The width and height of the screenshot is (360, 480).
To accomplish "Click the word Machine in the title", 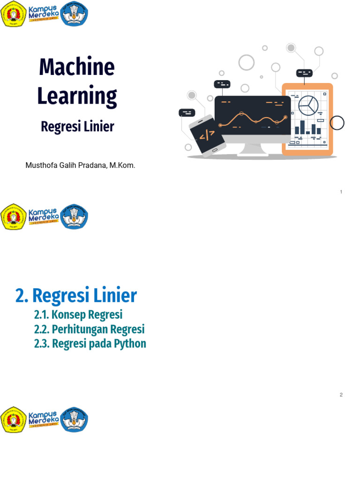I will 77,67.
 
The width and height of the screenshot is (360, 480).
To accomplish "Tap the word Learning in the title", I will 77,96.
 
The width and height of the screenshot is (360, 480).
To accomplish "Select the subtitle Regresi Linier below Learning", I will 77,127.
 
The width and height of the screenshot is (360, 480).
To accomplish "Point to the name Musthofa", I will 42,165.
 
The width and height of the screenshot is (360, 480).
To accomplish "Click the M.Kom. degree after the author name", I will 122,165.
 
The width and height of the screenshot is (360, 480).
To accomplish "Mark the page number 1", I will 341,192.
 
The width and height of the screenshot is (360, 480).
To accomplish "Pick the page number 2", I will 341,395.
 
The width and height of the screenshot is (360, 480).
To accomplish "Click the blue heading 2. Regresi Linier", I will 76,296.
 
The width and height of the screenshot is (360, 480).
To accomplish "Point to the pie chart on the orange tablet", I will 308,105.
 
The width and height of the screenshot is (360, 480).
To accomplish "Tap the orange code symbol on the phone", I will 207,136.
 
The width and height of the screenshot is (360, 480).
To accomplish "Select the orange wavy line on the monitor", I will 253,119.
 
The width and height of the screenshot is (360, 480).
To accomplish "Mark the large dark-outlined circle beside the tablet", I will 337,123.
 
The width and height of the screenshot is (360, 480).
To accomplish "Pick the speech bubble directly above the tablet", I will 304,73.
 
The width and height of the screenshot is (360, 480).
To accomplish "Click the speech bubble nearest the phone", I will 187,112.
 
